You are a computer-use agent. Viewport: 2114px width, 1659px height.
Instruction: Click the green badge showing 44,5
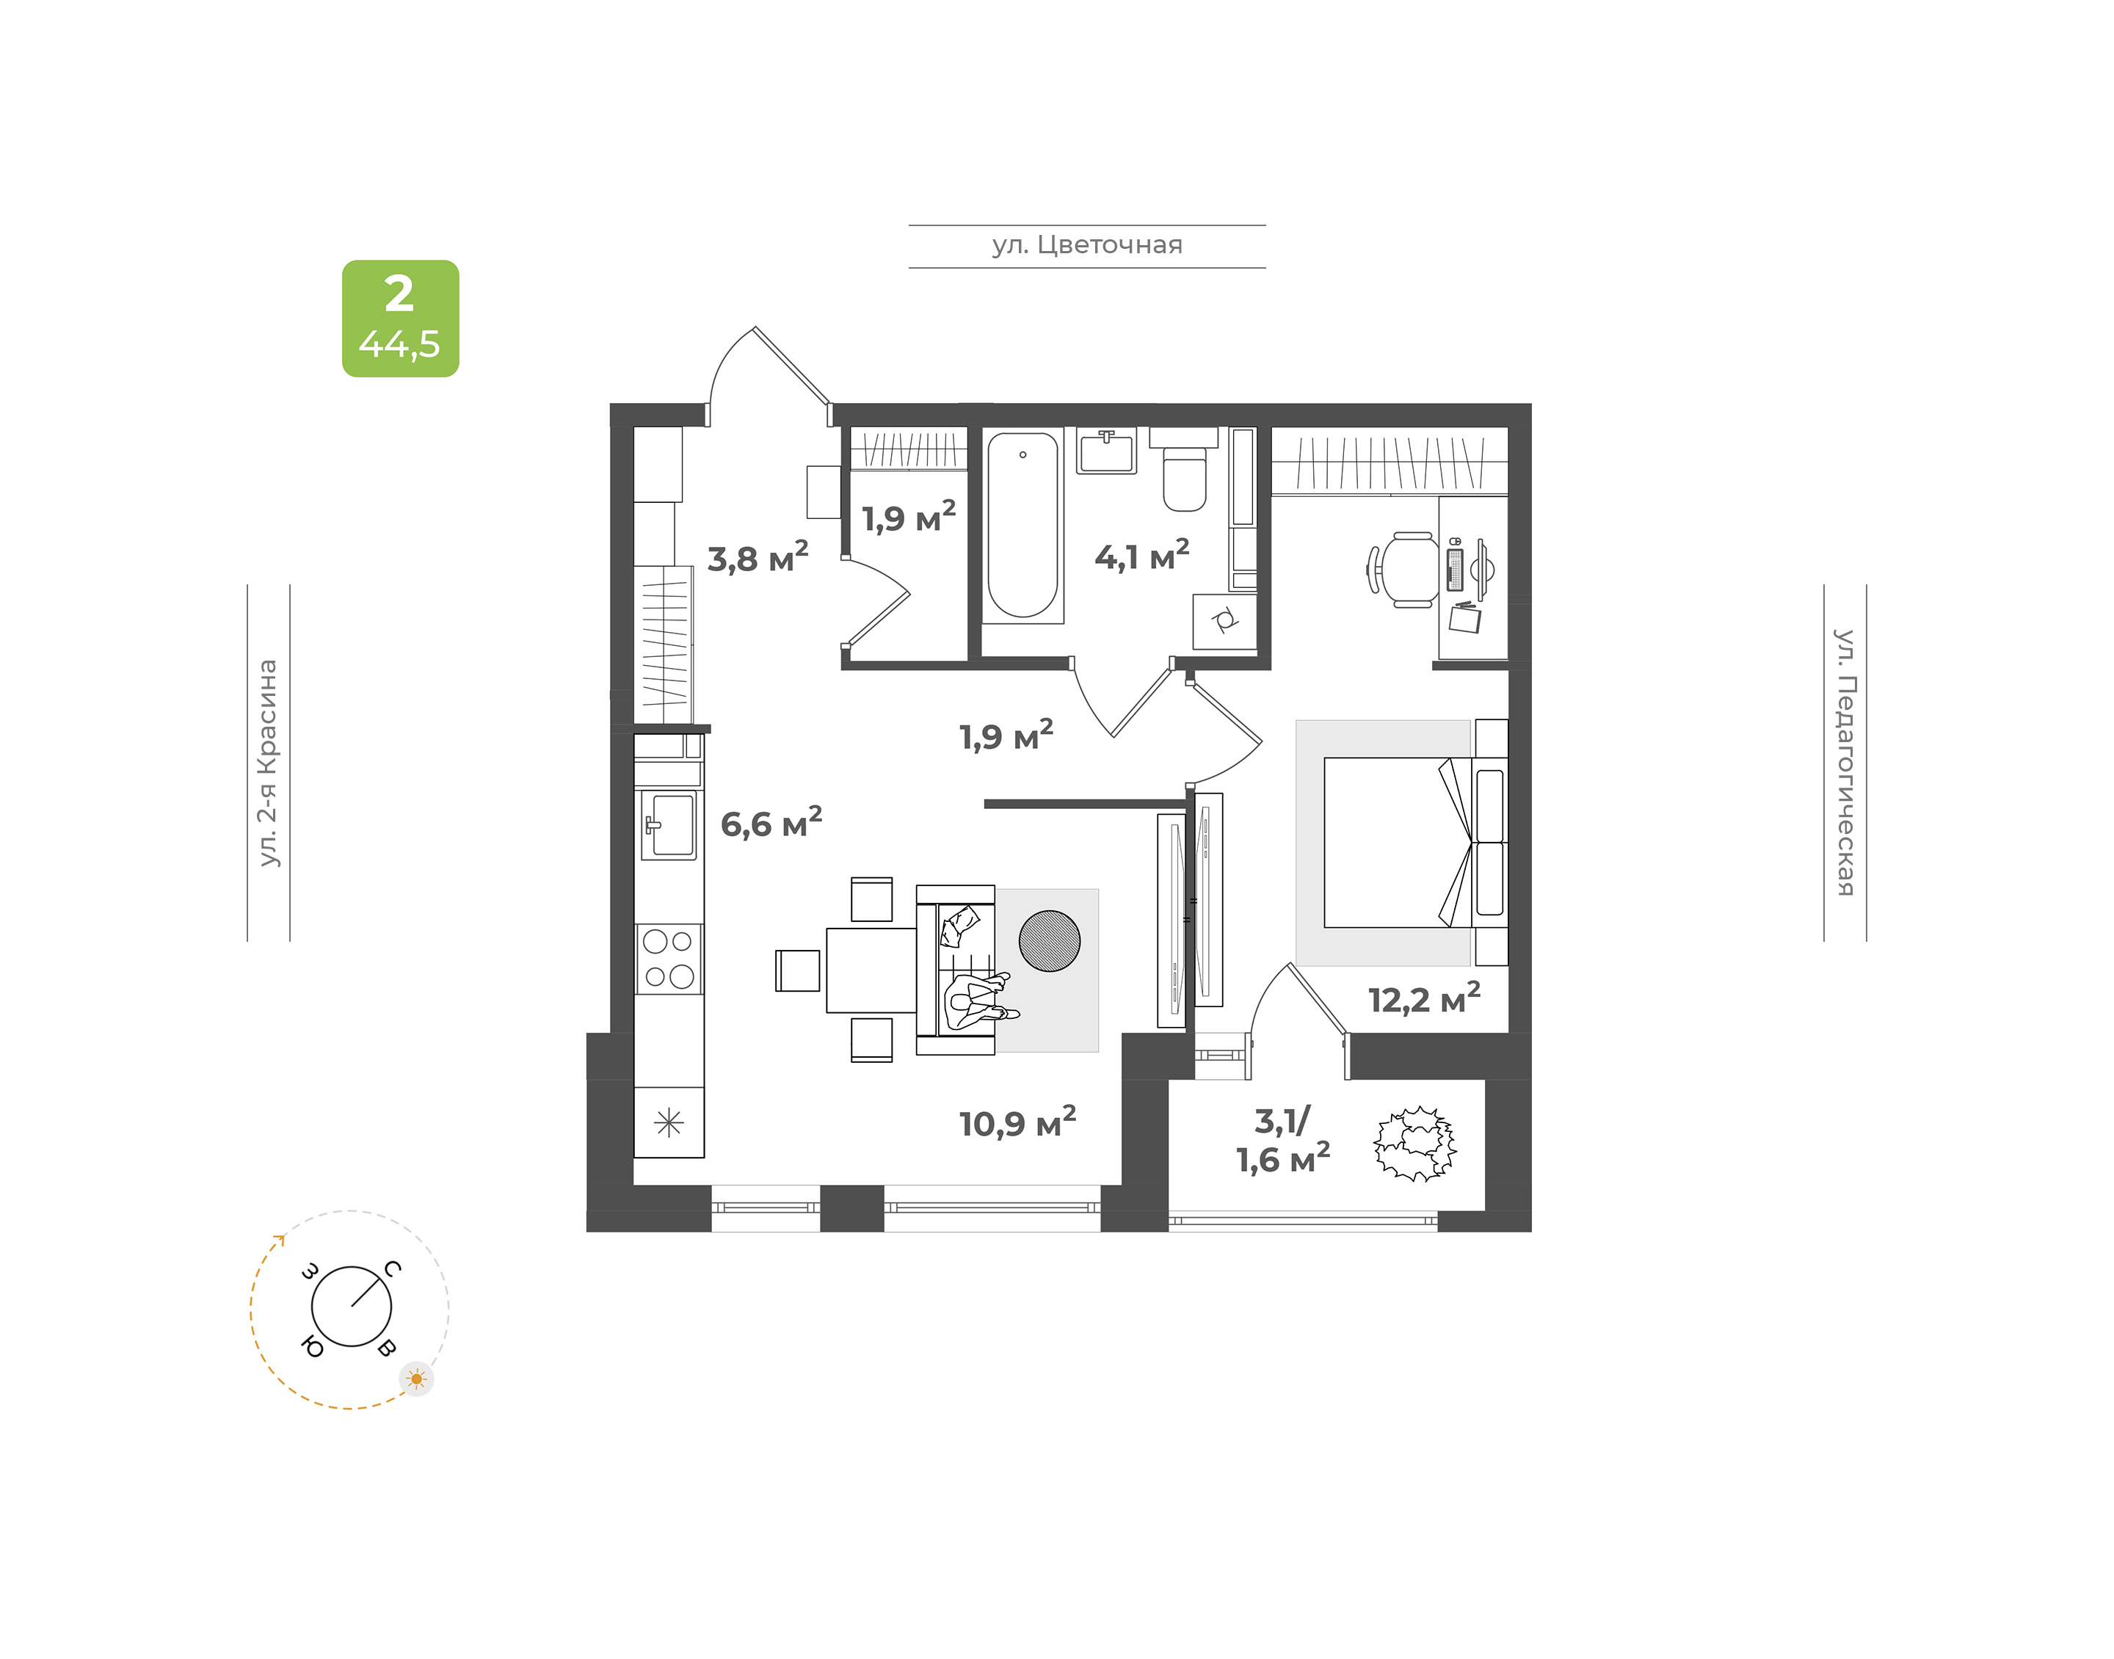(400, 319)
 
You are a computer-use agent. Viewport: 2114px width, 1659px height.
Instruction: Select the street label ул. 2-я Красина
(268, 763)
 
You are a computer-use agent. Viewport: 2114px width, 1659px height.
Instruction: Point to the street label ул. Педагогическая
(1845, 763)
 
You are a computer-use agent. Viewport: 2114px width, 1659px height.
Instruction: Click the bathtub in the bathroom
(1023, 525)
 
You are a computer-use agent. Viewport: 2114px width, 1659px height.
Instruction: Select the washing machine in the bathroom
(1224, 621)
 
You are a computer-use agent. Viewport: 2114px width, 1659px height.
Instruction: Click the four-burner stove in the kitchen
(669, 958)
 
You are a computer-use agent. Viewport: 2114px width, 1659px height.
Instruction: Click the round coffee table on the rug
(1049, 940)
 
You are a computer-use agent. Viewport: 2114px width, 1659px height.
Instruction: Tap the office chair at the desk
(1403, 570)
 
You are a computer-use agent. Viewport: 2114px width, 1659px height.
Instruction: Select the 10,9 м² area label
(1017, 1122)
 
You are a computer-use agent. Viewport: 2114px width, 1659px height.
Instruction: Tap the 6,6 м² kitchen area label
(771, 823)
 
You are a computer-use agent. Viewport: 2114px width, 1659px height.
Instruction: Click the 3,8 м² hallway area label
(758, 558)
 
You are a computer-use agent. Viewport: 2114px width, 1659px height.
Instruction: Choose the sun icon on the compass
(417, 1379)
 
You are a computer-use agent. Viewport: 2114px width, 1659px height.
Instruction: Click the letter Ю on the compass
(313, 1346)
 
